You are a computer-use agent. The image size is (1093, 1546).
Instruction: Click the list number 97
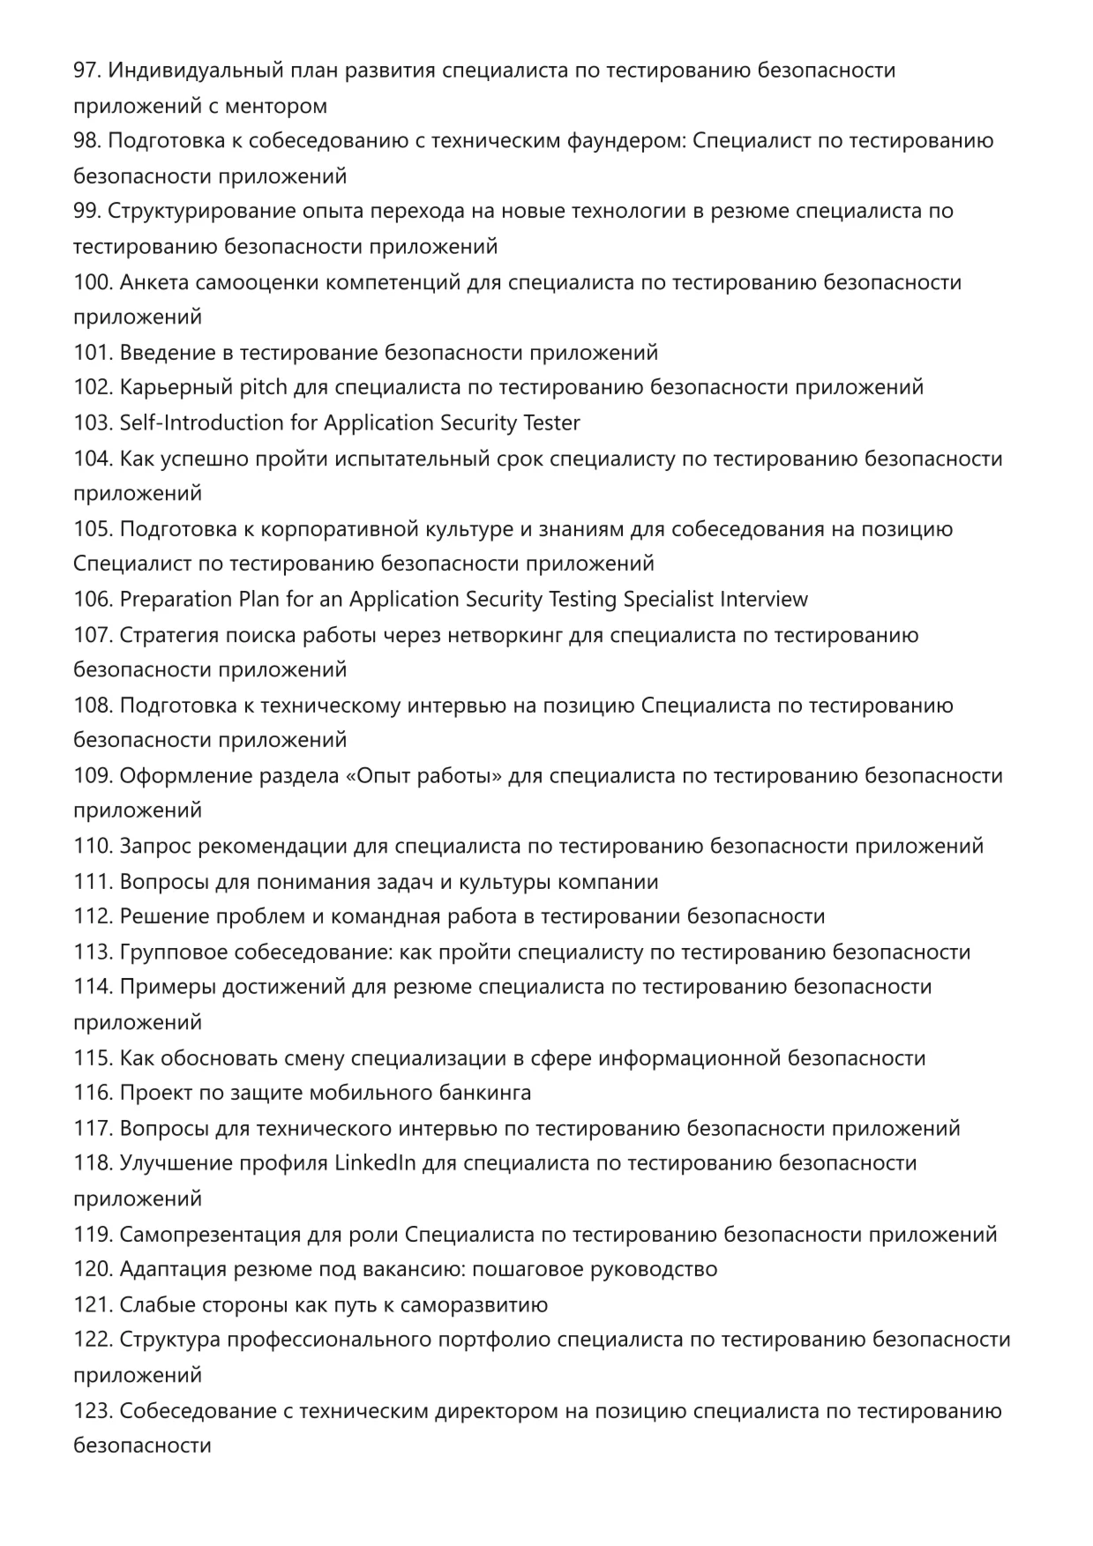[x=86, y=71]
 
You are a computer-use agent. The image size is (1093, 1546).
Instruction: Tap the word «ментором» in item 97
[x=276, y=106]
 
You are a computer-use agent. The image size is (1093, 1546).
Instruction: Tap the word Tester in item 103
[x=550, y=423]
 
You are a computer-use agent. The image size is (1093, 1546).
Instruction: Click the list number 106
[x=93, y=600]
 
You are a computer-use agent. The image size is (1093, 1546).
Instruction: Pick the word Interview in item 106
[x=763, y=600]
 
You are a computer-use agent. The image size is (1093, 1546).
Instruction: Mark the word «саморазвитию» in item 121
[x=474, y=1305]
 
